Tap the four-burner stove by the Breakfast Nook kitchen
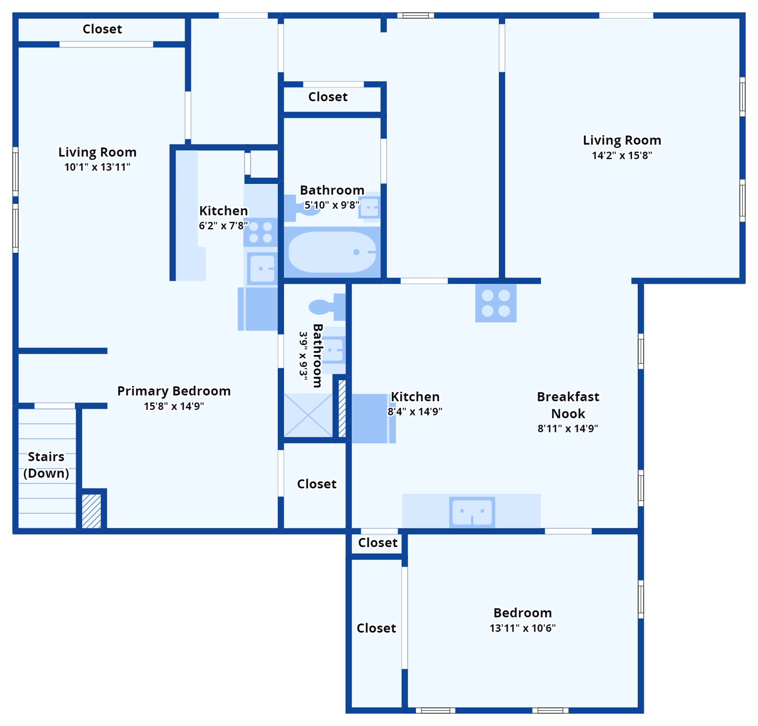[496, 303]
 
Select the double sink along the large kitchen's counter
[472, 511]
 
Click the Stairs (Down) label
[46, 465]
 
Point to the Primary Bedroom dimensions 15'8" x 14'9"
[174, 406]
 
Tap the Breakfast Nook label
[568, 405]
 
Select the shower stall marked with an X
[308, 415]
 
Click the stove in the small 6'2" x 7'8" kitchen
[261, 232]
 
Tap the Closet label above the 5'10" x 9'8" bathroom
[328, 97]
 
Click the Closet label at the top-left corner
[102, 29]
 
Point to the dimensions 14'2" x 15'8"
[622, 156]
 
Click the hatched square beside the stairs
[92, 511]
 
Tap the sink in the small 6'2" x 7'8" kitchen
[262, 268]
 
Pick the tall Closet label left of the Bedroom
[376, 628]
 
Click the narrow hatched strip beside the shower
[342, 408]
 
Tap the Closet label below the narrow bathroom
[316, 484]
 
